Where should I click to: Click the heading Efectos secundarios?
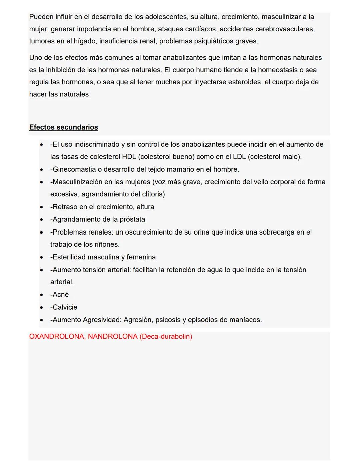[x=63, y=127]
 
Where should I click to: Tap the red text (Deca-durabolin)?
[x=166, y=336]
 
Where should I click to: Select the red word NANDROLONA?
[x=112, y=336]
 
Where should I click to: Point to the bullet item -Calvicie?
[x=64, y=307]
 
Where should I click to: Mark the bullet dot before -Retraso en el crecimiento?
[x=41, y=207]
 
